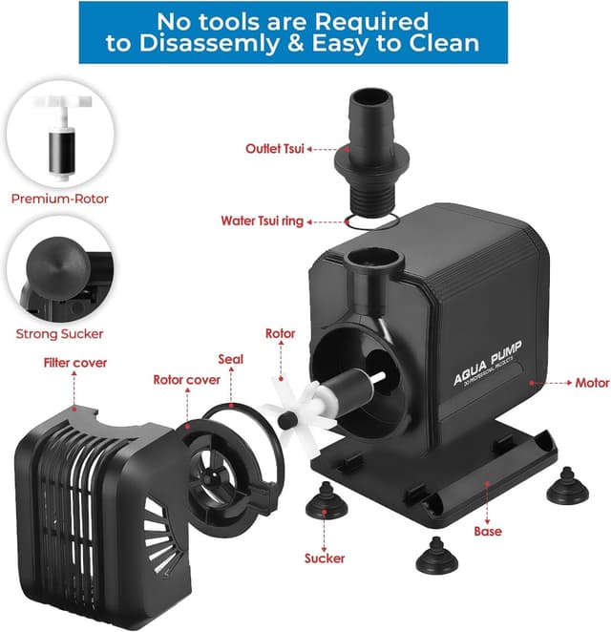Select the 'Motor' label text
point(592,383)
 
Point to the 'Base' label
point(487,531)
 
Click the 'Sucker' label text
point(324,558)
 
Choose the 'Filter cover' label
point(75,363)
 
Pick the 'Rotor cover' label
point(187,380)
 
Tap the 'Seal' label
point(230,360)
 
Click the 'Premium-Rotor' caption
point(60,200)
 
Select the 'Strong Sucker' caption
point(60,334)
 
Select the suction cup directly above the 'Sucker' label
point(325,499)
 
